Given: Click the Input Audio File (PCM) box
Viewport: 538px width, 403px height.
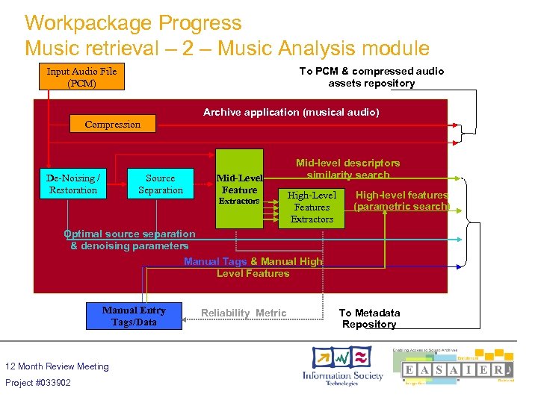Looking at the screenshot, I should (x=82, y=77).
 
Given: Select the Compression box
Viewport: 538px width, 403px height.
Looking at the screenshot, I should (x=113, y=124).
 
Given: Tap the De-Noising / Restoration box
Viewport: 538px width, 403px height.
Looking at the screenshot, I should (x=73, y=184).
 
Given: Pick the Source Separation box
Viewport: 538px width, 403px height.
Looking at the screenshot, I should (x=161, y=184).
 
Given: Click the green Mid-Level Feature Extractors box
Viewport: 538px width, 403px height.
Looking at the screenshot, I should (x=239, y=190).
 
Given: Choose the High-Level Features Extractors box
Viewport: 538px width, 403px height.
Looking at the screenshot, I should (x=312, y=207).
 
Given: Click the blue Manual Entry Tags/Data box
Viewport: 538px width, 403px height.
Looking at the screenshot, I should (x=134, y=316).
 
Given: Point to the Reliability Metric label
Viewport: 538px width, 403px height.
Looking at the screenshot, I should (x=244, y=313).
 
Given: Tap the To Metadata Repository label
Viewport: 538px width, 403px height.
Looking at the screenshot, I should (x=369, y=318).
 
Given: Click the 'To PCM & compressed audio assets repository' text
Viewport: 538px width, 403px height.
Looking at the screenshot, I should (x=371, y=77).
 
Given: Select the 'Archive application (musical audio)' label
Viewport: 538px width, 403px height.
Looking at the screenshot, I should (x=291, y=112).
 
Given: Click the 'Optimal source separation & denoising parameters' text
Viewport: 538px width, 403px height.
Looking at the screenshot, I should (x=129, y=240).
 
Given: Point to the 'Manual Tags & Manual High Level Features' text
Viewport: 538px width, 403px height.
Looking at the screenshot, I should (x=253, y=267).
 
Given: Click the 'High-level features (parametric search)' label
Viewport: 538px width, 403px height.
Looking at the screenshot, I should (x=401, y=200).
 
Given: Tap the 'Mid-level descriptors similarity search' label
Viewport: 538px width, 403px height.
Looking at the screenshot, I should (x=347, y=169).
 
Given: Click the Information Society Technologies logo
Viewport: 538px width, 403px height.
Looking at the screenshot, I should (x=341, y=366).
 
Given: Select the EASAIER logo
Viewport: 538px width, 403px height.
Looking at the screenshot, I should (x=457, y=366).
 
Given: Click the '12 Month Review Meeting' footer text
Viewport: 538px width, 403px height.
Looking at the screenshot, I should (x=57, y=366).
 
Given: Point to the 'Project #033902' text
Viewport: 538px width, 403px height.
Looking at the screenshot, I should (x=38, y=383).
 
